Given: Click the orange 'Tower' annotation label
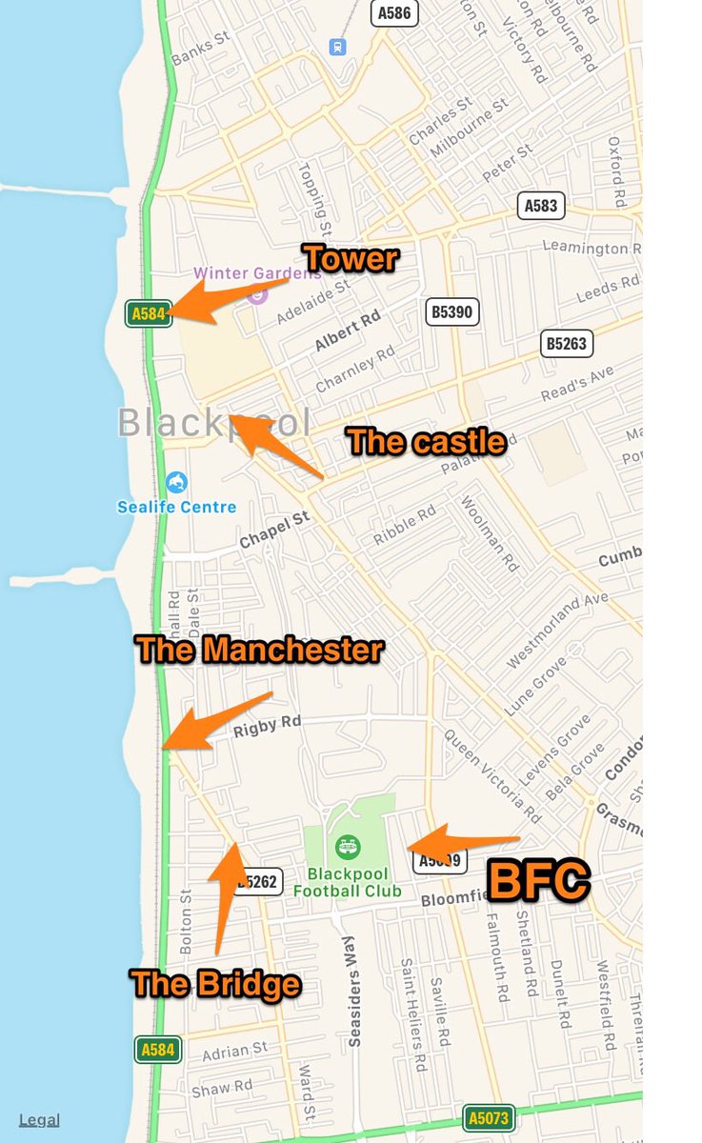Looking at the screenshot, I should coord(350,257).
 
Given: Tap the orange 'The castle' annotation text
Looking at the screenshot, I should coord(426,441).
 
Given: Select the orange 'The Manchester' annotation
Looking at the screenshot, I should coord(259,650).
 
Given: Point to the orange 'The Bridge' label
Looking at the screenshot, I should coord(215,984).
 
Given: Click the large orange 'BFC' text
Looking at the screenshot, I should coord(538,881).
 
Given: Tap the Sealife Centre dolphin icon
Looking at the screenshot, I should coord(176,483).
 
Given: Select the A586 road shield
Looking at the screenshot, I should coord(394,13).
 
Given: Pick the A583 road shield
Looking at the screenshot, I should coord(544,205).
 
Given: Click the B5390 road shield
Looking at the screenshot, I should coord(451,311).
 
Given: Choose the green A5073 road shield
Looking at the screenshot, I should coord(489,1117).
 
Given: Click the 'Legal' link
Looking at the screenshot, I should coord(39,1120).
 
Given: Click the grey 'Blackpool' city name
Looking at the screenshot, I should coord(214,423).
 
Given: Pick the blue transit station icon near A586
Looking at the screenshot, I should coord(336,47).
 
